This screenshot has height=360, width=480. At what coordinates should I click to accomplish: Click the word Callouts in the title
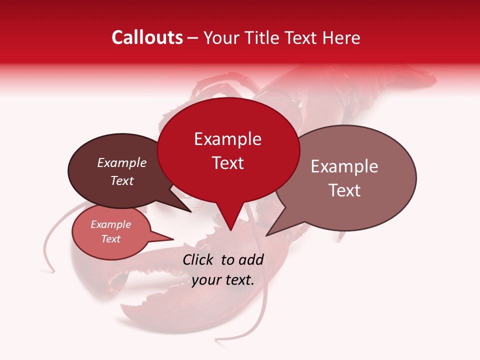(x=147, y=37)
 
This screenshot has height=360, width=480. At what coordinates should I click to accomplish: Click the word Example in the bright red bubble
(x=227, y=139)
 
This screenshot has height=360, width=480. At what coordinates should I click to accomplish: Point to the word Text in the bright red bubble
(x=227, y=163)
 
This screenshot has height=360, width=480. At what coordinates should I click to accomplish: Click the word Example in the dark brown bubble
(x=121, y=162)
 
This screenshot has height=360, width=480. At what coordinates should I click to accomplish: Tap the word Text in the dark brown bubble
(x=121, y=180)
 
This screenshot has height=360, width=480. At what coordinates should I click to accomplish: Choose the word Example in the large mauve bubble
(x=344, y=166)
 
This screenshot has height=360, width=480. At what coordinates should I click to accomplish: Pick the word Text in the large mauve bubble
(x=344, y=190)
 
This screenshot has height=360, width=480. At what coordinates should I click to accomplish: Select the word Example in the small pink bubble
(x=110, y=224)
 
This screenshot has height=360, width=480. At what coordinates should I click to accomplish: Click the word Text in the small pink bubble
(x=110, y=239)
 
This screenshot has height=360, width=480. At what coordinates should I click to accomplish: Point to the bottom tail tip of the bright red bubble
(x=230, y=230)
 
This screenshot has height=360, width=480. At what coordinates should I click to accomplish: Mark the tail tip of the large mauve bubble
(x=266, y=235)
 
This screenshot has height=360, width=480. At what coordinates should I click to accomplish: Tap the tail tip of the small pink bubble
(x=173, y=239)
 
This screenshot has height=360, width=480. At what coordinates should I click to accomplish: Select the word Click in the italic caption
(x=198, y=259)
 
